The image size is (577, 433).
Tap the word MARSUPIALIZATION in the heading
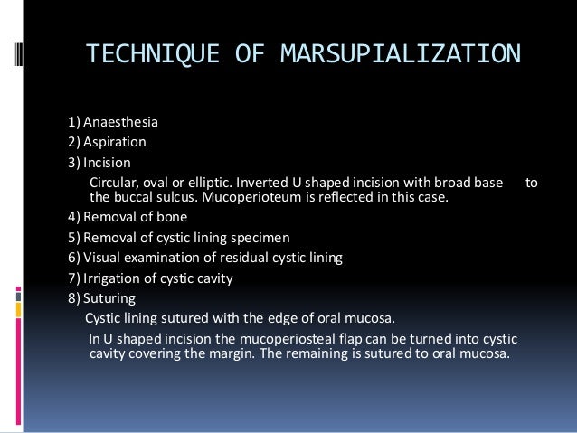tap(399, 52)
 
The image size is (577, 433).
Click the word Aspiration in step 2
tap(114, 142)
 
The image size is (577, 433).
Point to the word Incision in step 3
tap(107, 163)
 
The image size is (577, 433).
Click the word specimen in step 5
tap(258, 238)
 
